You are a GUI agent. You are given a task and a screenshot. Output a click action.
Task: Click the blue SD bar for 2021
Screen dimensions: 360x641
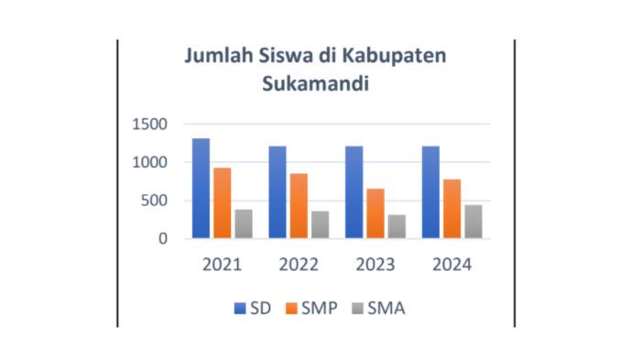(x=201, y=189)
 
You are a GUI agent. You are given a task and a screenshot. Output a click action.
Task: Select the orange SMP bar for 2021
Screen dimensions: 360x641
(x=223, y=203)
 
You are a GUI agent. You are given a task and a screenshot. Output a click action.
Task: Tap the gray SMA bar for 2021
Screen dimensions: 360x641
(x=244, y=224)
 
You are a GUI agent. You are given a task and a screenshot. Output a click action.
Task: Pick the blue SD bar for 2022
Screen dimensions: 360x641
(x=277, y=192)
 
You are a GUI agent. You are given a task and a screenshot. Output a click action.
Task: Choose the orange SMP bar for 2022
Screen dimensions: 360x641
(x=299, y=206)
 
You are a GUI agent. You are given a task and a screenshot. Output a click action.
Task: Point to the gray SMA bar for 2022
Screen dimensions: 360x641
(x=320, y=224)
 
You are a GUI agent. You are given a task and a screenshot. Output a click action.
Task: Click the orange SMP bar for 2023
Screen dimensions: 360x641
(x=375, y=213)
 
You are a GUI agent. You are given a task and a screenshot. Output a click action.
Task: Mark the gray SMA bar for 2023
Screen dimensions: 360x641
(x=397, y=226)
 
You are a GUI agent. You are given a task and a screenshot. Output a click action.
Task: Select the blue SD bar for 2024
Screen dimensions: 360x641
(x=430, y=192)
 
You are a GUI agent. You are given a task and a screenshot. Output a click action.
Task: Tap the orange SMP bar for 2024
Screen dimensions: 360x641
(x=452, y=209)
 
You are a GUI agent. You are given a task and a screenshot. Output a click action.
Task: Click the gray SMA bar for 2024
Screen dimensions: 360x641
(x=473, y=222)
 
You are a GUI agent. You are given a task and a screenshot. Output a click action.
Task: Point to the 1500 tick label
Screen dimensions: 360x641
(x=148, y=125)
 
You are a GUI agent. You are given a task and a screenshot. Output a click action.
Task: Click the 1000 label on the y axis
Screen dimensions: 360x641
(x=148, y=163)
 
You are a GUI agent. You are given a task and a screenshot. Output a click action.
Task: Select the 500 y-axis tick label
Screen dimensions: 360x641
(x=153, y=202)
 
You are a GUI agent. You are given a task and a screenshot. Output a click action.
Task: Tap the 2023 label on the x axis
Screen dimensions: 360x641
(x=375, y=265)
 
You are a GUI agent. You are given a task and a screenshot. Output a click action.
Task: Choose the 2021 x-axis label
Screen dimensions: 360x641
(x=223, y=265)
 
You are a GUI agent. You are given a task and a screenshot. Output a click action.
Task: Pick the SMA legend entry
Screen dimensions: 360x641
(x=386, y=308)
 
